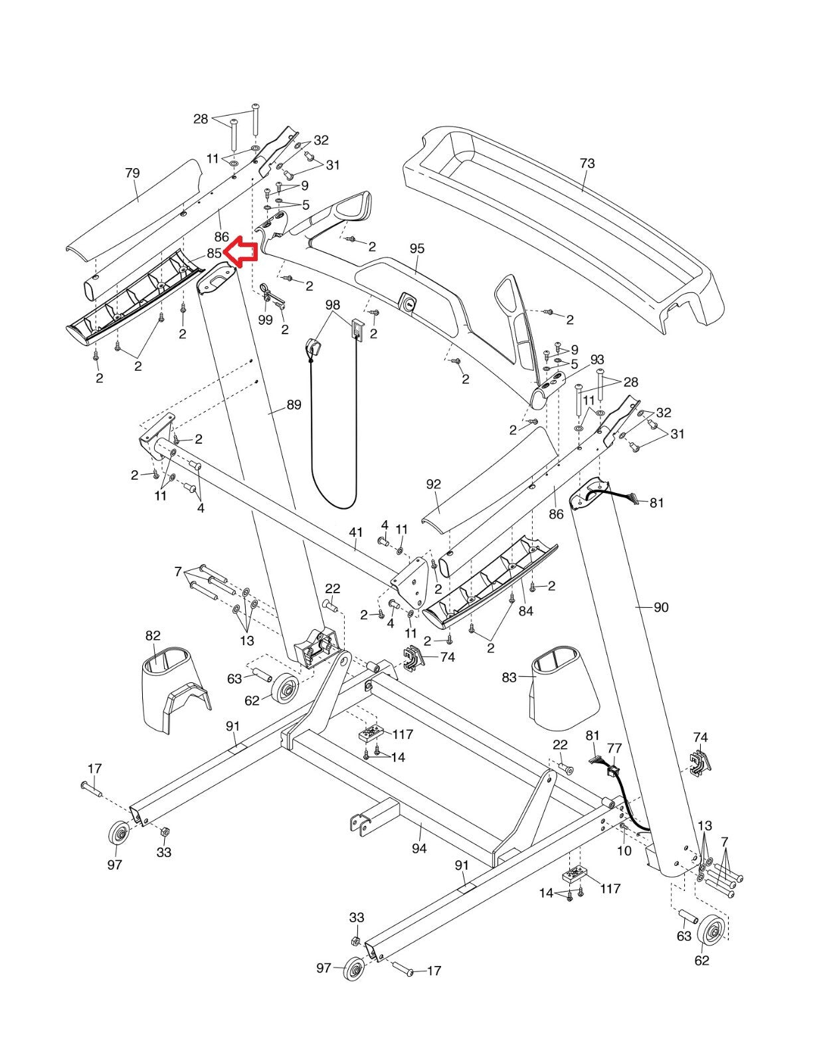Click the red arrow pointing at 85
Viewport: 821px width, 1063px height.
240,252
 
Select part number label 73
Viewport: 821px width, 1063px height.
587,163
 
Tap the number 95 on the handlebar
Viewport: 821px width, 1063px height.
416,248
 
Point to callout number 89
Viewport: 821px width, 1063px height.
294,405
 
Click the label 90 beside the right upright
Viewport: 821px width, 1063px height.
661,607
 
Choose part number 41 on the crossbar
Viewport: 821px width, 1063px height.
356,531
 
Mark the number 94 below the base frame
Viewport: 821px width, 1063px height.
419,848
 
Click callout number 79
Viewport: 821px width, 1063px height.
132,173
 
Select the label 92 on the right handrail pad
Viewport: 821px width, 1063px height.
433,484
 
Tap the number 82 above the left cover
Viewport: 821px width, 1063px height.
153,636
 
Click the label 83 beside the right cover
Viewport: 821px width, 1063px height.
509,678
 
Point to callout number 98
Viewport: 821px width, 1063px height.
333,305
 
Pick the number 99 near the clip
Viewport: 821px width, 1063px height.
266,320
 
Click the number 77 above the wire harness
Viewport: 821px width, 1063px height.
614,749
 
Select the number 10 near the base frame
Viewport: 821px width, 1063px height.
624,850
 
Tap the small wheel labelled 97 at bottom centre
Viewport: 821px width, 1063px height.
355,968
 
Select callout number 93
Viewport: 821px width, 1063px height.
597,359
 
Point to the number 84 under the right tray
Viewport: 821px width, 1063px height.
525,611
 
